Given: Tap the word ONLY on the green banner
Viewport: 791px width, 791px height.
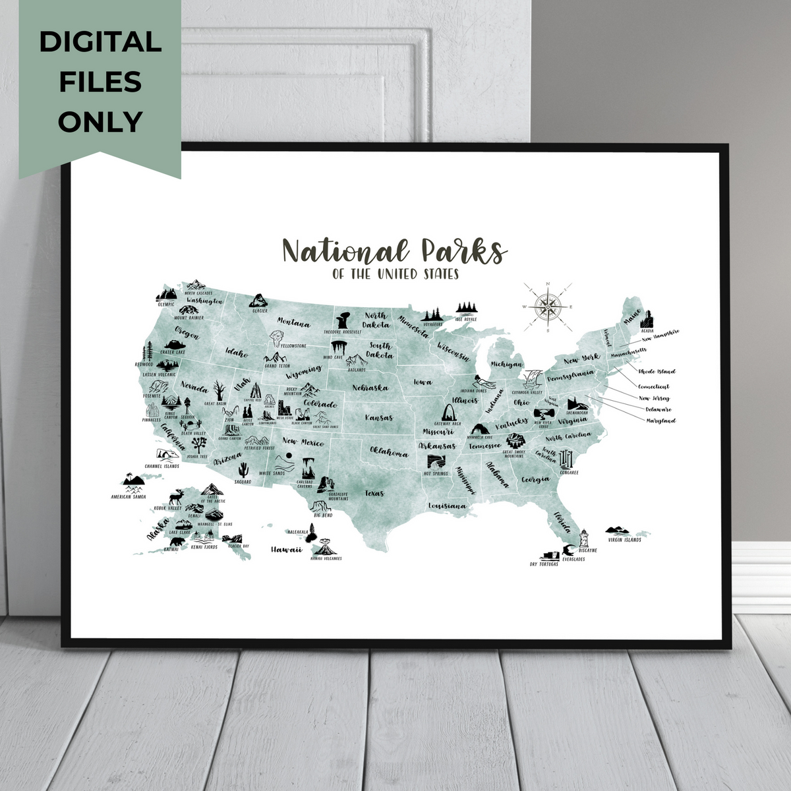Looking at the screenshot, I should [x=100, y=122].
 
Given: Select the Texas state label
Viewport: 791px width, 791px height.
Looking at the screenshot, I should [x=374, y=492].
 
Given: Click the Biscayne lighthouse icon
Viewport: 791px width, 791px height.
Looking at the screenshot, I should [x=583, y=539].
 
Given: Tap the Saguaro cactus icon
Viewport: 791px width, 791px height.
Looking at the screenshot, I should [x=243, y=470].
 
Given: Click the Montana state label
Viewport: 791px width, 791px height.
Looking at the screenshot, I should [x=293, y=323].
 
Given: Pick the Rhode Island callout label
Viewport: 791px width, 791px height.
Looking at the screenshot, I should [x=657, y=372].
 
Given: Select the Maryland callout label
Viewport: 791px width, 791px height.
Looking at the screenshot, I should [x=660, y=421].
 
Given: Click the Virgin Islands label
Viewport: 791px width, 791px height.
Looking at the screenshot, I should [x=624, y=540].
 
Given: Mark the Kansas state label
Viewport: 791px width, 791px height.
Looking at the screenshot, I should [x=379, y=417].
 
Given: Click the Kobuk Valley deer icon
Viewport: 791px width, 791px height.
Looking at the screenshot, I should [x=176, y=497].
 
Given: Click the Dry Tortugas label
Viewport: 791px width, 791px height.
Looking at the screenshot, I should [x=544, y=564].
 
